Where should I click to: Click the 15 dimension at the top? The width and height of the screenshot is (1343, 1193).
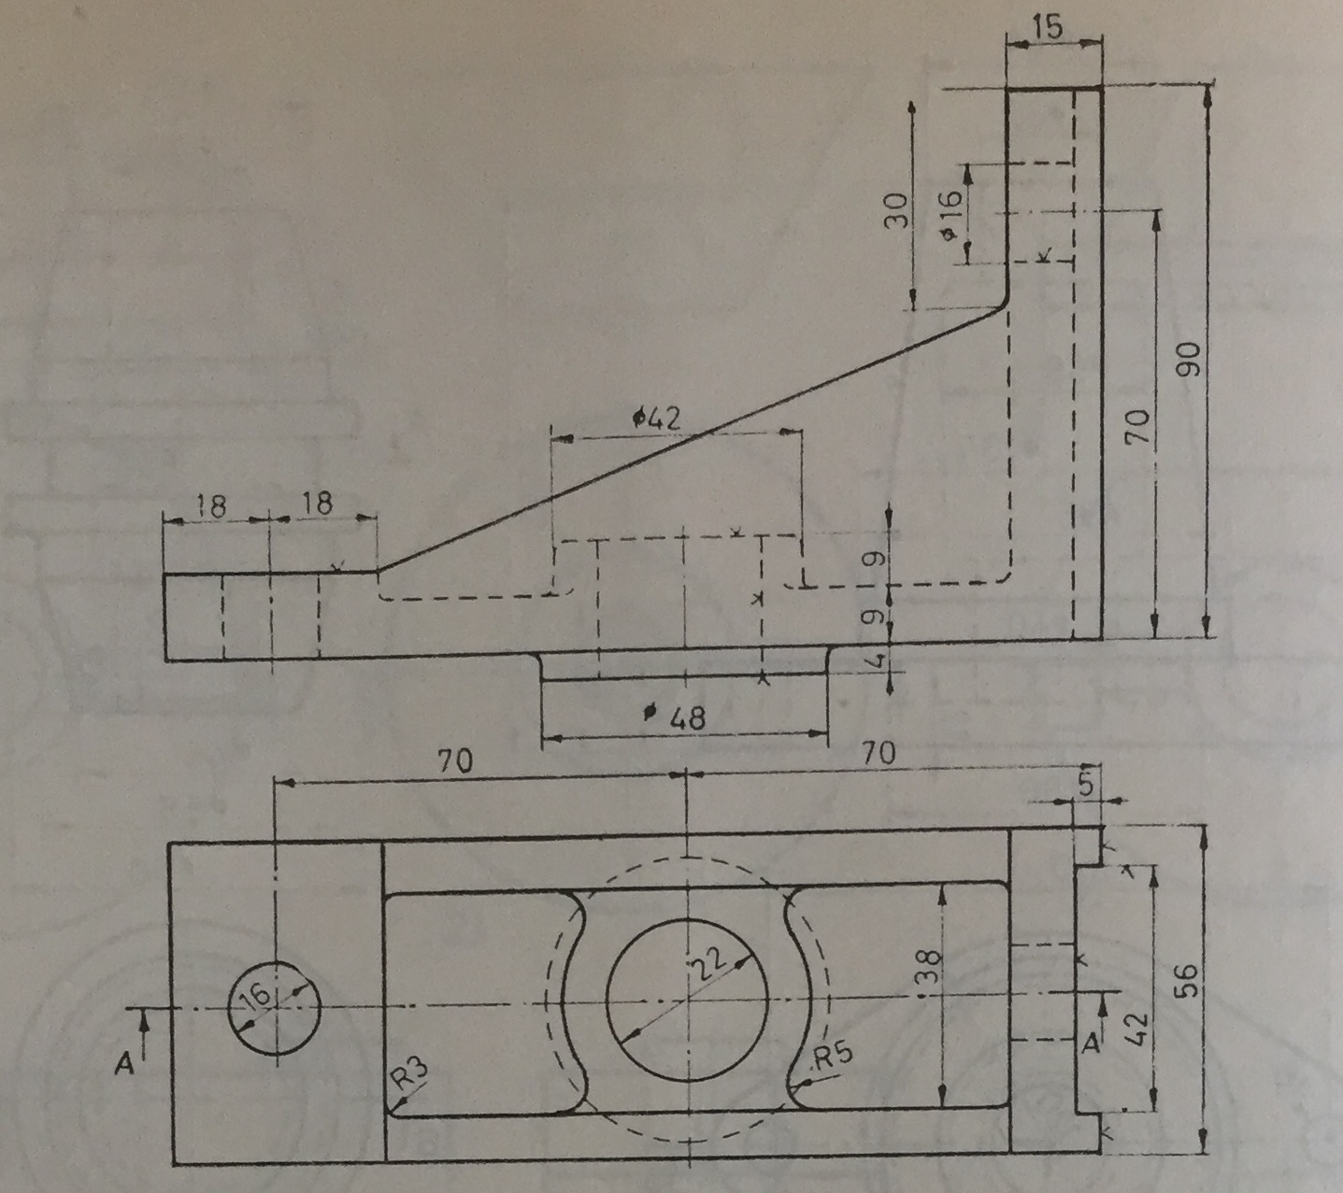click(x=1050, y=27)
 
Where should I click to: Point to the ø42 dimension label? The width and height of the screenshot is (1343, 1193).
click(x=657, y=419)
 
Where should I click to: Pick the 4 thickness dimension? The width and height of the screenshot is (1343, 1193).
click(x=874, y=660)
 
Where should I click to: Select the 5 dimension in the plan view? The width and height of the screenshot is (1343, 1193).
click(x=1084, y=785)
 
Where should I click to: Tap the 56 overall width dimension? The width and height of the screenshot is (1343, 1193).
click(x=1186, y=980)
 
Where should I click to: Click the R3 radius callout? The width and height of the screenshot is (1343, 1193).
click(x=408, y=1079)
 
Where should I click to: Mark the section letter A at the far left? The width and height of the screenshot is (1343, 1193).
click(x=122, y=1062)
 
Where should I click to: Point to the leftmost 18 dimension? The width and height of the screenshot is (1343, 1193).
click(x=212, y=505)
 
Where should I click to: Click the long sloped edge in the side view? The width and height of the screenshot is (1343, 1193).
click(x=692, y=439)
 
